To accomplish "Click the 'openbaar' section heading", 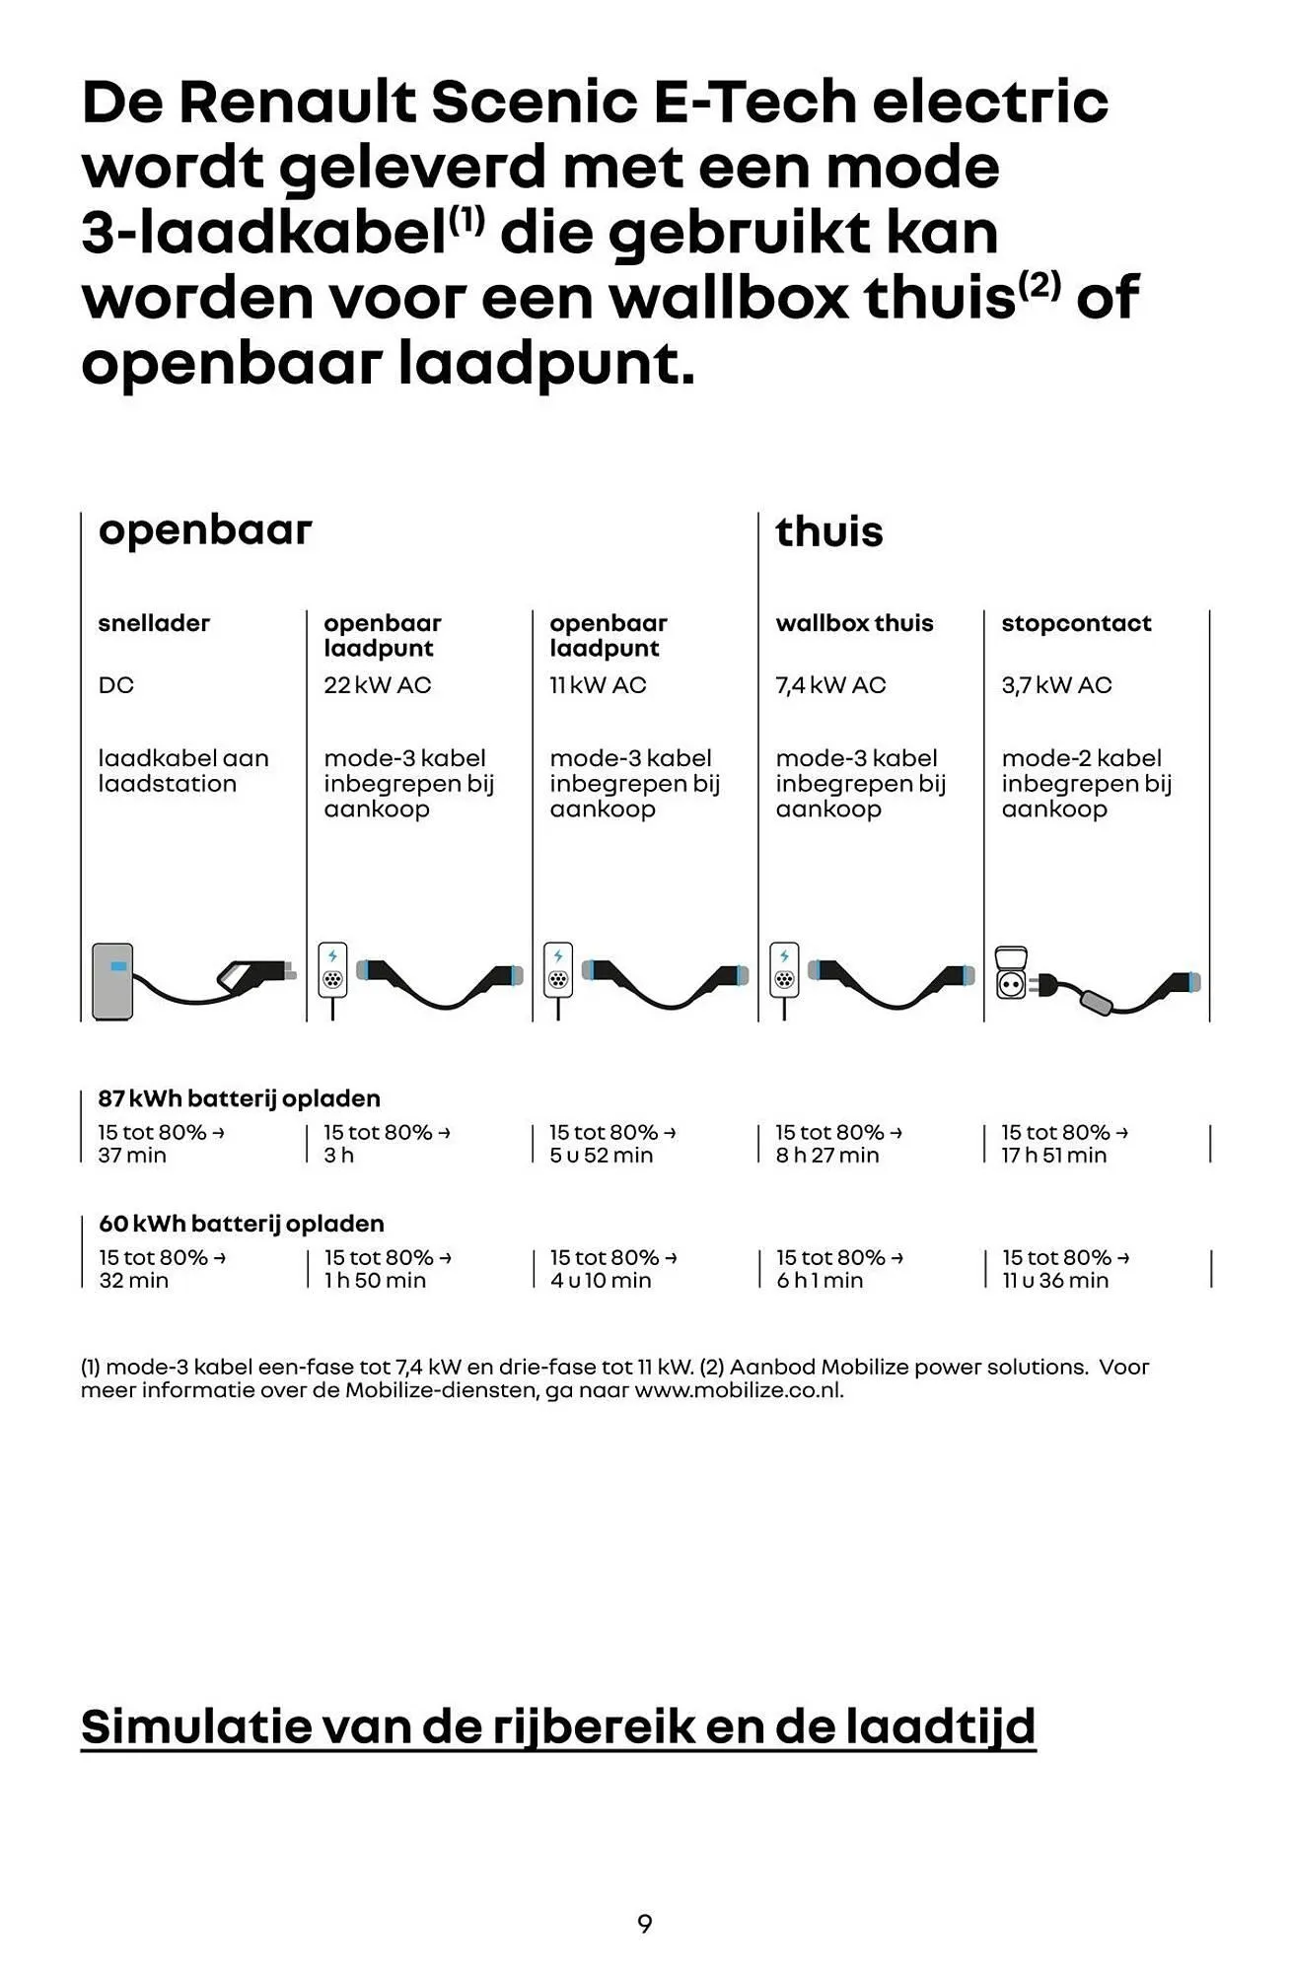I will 205,530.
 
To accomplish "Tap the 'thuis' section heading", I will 828,532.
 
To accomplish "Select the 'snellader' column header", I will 154,623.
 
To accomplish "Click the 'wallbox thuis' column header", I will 854,623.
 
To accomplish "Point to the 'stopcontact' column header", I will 1076,623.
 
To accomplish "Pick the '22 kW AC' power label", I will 378,685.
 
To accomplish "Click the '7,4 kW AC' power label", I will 830,685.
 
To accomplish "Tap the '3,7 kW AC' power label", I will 1056,685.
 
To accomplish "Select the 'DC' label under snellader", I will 115,685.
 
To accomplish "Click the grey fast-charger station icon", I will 112,980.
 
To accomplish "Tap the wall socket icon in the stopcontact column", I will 1012,973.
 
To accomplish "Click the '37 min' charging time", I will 132,1156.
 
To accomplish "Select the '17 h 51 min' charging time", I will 1053,1156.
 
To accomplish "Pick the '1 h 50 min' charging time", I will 375,1281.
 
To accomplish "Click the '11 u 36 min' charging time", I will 1055,1281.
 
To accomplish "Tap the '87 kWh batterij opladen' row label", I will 239,1098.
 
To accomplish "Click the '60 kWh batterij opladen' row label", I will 241,1224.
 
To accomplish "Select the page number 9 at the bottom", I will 645,1924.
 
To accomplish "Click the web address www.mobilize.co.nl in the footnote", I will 739,1390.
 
